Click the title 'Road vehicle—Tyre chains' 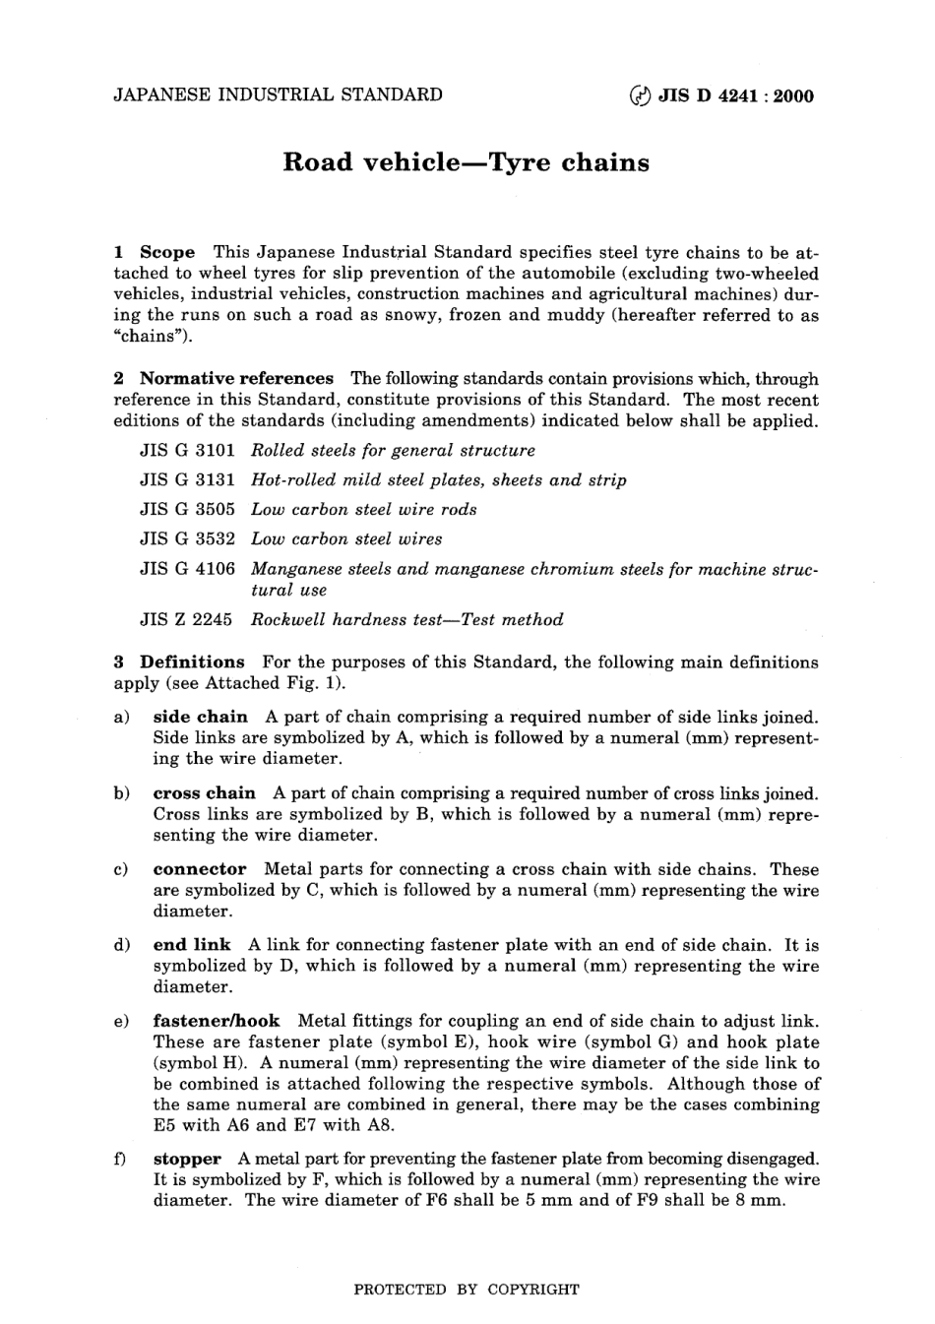point(466,162)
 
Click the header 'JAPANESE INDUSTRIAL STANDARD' point(279,95)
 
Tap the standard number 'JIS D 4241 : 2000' point(735,95)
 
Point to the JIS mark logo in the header point(640,95)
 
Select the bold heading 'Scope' point(167,252)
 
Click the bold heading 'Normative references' point(236,378)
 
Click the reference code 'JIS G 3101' point(187,451)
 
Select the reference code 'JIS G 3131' point(187,480)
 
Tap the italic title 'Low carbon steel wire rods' point(363,510)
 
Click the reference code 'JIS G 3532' point(187,539)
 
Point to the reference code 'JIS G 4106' point(187,569)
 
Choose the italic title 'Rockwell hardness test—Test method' point(406,620)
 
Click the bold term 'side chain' point(200,717)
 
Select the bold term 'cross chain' point(204,792)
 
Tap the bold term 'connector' point(200,868)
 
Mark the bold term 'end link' point(192,945)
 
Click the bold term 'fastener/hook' point(217,1021)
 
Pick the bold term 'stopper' point(187,1159)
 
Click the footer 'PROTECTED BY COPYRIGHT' point(467,1289)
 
